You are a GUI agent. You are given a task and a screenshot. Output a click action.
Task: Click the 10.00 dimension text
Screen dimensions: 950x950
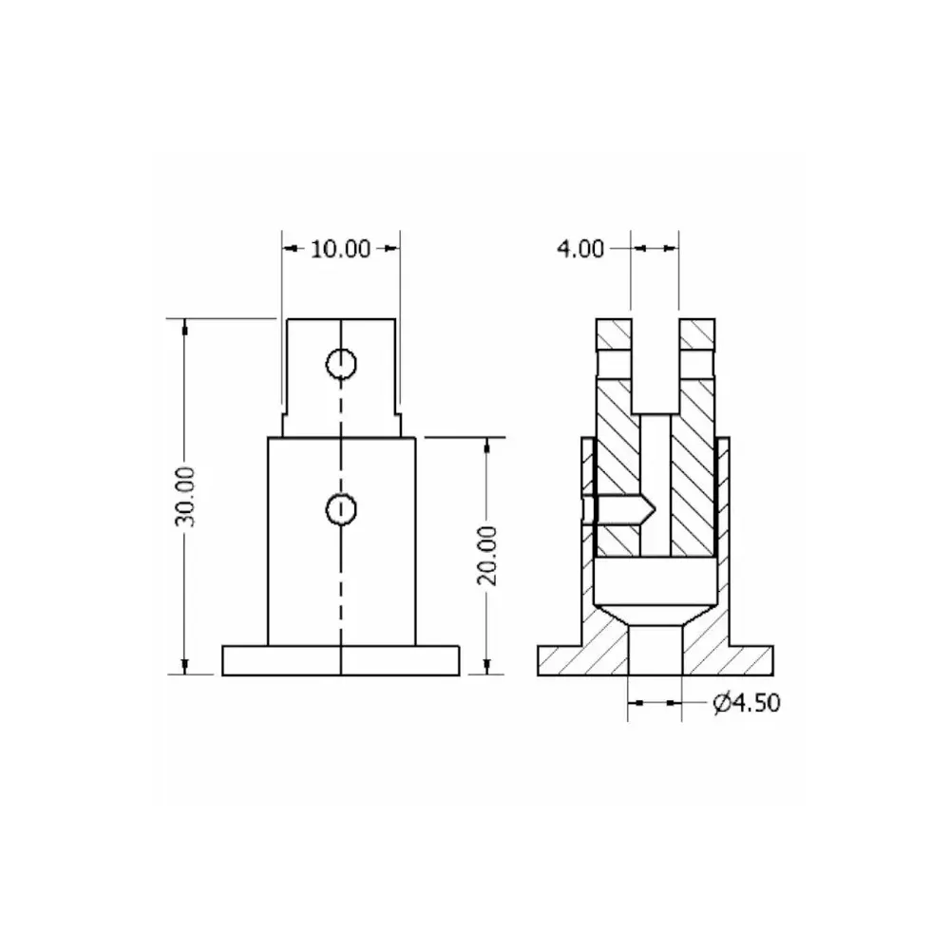[x=340, y=249]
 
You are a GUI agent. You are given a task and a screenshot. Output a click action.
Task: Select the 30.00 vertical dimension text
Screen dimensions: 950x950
[x=186, y=496]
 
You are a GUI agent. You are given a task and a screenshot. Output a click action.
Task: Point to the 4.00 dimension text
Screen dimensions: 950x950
[x=579, y=249]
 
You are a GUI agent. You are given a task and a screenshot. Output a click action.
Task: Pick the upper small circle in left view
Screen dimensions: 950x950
[x=340, y=363]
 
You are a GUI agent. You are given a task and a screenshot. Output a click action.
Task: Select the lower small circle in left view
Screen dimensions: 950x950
[x=340, y=510]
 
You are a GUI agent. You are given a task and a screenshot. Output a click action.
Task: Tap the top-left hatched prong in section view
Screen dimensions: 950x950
[x=613, y=334]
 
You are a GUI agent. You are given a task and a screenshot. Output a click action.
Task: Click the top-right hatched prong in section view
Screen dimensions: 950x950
[x=698, y=334]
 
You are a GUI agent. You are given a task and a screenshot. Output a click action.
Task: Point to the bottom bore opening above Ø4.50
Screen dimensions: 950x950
[x=655, y=651]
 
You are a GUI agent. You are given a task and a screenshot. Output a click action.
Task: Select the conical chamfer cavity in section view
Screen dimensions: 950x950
[x=655, y=608]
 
